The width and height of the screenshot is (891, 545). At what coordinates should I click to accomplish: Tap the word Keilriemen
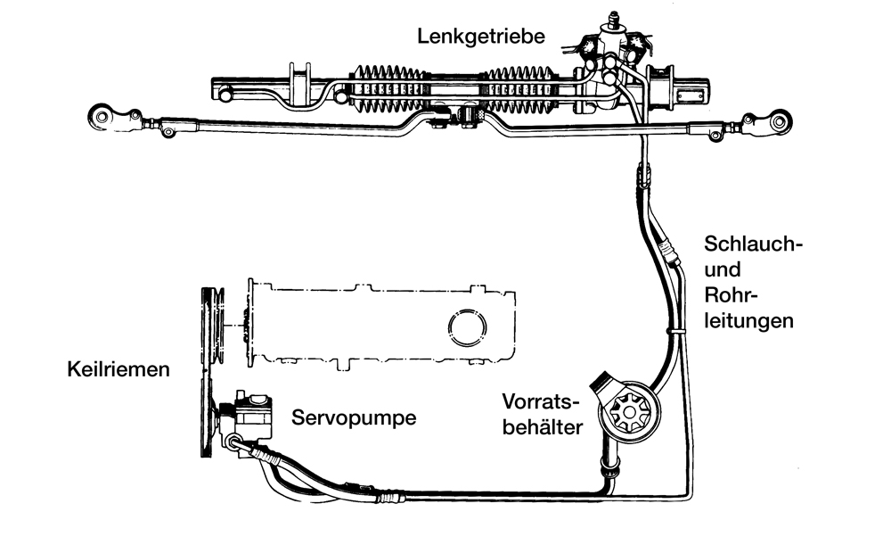pos(118,368)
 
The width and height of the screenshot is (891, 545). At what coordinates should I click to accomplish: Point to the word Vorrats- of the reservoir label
pos(540,399)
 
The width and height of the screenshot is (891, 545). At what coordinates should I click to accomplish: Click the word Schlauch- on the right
pos(748,244)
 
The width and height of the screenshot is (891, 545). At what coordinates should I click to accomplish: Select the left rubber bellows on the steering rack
pos(392,89)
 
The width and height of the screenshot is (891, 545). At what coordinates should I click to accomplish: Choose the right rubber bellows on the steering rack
pos(522,90)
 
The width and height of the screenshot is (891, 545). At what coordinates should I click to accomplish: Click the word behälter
pos(544,426)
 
